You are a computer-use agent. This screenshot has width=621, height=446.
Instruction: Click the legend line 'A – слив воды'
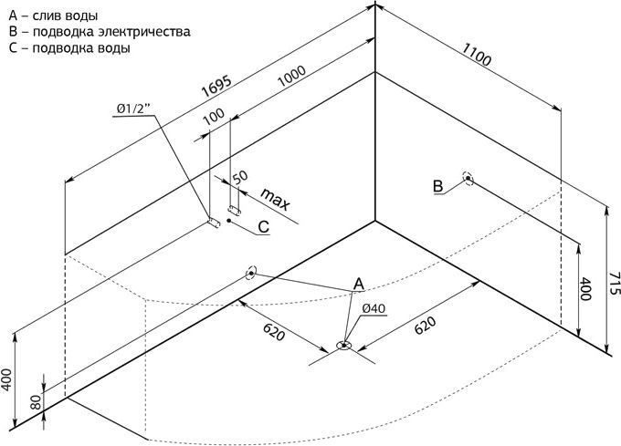point(53,16)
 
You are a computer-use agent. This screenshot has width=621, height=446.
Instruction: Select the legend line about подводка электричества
point(99,32)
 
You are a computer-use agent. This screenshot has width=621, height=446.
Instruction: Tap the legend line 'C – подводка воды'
point(69,47)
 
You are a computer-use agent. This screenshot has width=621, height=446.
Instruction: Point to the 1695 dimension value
point(216,87)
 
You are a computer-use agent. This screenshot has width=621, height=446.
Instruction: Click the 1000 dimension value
point(291,77)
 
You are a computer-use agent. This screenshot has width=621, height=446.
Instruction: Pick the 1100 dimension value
point(477,54)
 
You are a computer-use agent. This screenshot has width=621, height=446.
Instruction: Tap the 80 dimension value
point(36,401)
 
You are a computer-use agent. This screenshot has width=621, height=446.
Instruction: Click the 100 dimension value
point(214,116)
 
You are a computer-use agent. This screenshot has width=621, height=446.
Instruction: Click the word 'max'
point(276,199)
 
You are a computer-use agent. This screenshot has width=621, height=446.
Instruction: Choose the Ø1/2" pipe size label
point(134,109)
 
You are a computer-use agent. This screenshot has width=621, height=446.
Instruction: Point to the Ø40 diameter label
point(374,308)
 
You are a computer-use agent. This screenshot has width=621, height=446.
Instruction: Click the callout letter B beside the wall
point(438,186)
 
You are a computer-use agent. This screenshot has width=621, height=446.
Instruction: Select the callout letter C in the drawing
point(264,227)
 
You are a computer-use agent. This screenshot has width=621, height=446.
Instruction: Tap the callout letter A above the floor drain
point(358,284)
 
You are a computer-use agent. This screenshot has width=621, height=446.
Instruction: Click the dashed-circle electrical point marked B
point(468,179)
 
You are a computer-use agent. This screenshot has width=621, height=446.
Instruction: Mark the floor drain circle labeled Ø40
point(344,346)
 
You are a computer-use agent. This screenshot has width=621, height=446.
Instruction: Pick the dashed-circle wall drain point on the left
point(251,274)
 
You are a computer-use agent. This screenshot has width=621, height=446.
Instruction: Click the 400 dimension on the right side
point(585,289)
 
